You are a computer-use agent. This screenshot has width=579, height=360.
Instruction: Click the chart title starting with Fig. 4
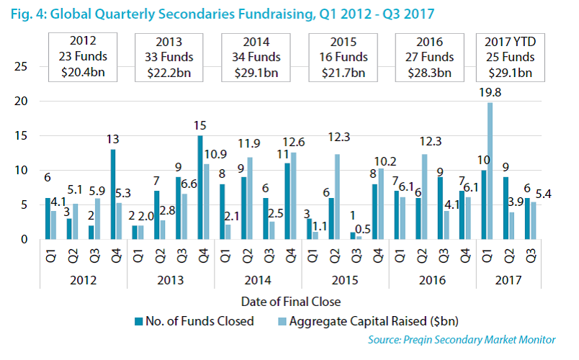coord(223,13)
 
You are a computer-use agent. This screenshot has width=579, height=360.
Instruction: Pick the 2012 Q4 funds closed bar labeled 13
coord(113,194)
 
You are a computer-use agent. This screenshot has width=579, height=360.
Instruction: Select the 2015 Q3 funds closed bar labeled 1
coord(352,235)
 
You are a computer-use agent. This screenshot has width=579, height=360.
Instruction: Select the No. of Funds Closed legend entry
coord(194,321)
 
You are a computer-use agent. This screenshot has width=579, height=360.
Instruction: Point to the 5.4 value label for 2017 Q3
coord(542,194)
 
